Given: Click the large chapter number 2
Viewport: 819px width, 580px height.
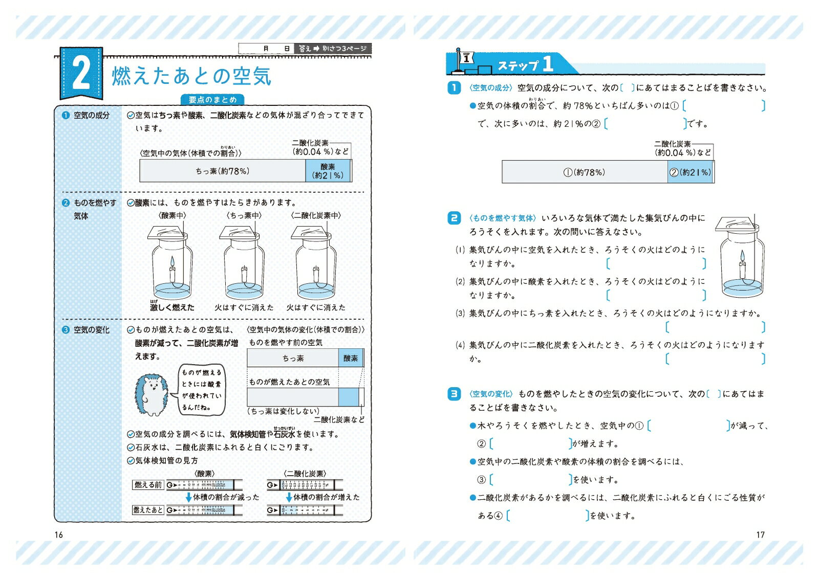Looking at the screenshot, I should [81, 74].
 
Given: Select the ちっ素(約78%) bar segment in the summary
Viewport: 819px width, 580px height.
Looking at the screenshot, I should [223, 171].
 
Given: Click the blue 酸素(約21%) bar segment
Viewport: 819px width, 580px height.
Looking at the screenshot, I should [328, 171].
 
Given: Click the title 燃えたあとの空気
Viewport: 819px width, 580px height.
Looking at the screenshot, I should [191, 77].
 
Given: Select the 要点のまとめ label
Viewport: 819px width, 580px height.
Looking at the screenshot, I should [212, 100].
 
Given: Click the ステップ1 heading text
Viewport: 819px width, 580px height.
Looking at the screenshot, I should [525, 65].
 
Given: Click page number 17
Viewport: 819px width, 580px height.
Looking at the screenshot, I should [760, 535].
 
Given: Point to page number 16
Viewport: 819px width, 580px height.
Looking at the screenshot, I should [59, 535].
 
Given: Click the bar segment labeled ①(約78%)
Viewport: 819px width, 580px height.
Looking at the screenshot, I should [585, 172].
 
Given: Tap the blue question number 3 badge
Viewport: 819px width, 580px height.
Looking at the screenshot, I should [454, 394].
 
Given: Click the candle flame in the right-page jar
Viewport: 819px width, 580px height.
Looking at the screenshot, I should [742, 256].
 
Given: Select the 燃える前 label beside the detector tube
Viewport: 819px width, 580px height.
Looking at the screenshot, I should [148, 485].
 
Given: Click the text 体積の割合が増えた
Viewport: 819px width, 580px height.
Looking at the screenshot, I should [326, 497].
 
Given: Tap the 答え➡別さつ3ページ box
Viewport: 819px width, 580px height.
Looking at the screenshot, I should [333, 49].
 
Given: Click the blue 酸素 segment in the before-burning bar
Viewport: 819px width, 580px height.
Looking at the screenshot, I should [351, 358].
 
